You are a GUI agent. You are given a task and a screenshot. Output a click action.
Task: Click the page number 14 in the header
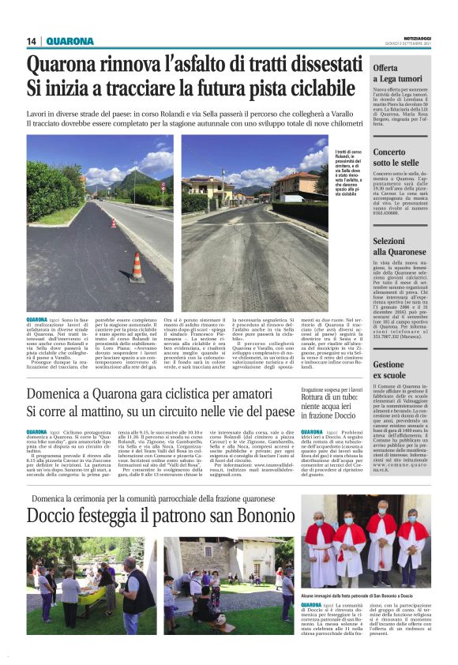click(x=32, y=41)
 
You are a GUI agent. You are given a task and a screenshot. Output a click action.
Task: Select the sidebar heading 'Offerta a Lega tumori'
click(x=400, y=73)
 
